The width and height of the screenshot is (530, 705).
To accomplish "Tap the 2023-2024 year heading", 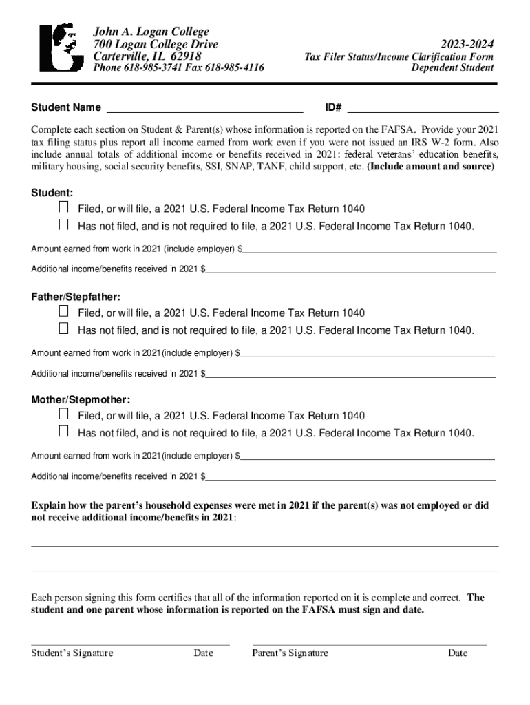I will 463,44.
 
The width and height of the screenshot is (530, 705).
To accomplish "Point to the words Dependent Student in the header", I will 452,67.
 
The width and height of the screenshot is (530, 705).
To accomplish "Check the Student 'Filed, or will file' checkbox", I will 63,207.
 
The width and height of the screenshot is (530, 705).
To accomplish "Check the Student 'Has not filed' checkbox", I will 63,224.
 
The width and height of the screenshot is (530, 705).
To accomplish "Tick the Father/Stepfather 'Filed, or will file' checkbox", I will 63,311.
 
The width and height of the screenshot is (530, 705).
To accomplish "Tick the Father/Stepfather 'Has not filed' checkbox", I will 63,328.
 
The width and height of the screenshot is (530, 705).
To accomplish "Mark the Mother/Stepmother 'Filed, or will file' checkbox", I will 63,414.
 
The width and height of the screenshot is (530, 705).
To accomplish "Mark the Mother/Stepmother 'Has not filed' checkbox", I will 63,432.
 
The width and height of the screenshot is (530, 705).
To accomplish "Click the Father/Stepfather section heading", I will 76,297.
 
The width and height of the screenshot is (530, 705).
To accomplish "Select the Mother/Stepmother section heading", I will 81,399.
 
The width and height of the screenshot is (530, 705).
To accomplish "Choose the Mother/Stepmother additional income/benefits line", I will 351,476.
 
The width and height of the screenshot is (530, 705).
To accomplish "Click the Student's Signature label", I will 72,653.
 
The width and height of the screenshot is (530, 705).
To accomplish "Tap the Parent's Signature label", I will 290,653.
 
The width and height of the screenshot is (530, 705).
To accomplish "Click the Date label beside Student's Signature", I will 203,653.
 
